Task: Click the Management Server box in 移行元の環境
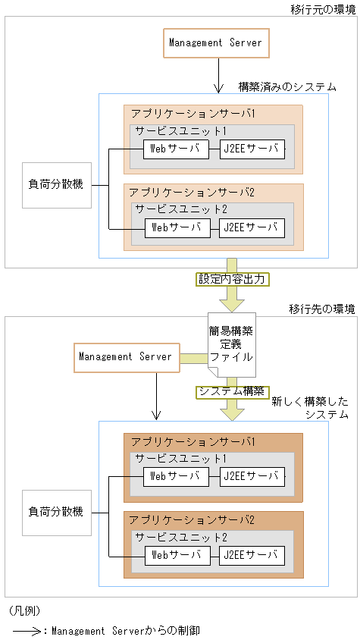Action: tap(216, 43)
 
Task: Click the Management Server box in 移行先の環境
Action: tap(126, 357)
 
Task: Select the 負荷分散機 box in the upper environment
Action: tap(57, 185)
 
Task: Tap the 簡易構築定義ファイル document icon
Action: tap(232, 344)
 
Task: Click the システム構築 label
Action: tap(232, 392)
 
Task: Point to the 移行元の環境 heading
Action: tap(323, 9)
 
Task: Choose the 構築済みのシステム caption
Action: tap(287, 87)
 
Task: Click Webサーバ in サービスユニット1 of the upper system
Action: tap(176, 149)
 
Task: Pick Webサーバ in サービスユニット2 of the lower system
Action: tap(176, 554)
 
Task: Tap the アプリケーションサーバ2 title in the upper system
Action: tap(192, 192)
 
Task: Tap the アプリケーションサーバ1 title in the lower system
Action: tap(192, 441)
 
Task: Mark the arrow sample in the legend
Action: tap(27, 630)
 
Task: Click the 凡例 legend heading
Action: tap(25, 610)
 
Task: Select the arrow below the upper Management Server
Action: tap(217, 76)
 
